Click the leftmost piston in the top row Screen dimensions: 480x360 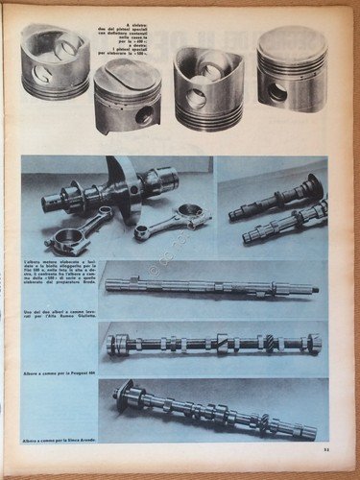pyautogui.click(x=55, y=62)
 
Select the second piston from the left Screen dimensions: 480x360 pyautogui.click(x=127, y=96)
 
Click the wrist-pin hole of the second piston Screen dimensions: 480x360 pyautogui.click(x=144, y=114)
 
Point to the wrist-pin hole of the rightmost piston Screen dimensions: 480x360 pyautogui.click(x=277, y=92)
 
